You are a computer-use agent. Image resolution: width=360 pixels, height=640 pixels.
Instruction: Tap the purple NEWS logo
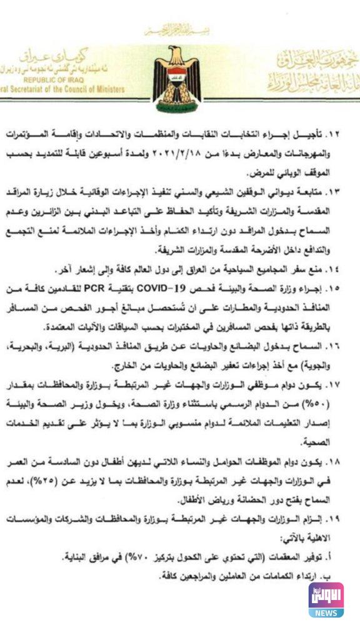(x=326, y=599)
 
